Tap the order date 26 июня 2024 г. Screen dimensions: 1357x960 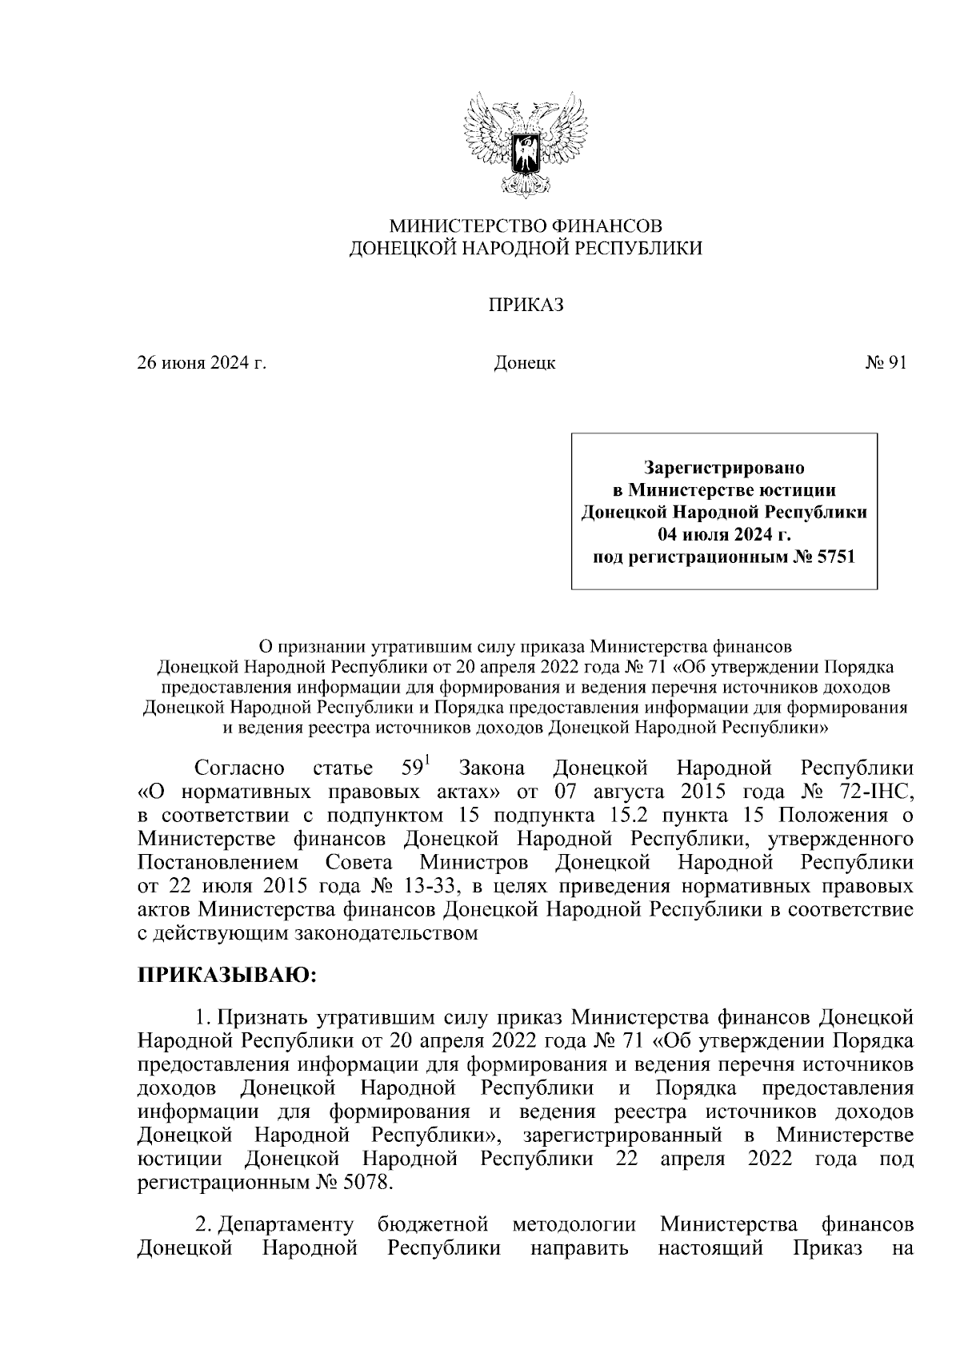[x=202, y=364]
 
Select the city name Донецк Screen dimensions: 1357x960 [x=525, y=364]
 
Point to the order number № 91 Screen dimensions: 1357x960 [x=886, y=364]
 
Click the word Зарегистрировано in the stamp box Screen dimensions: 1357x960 [x=724, y=466]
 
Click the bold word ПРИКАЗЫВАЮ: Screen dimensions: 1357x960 [x=228, y=976]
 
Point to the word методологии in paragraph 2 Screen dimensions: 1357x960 [x=574, y=1225]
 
